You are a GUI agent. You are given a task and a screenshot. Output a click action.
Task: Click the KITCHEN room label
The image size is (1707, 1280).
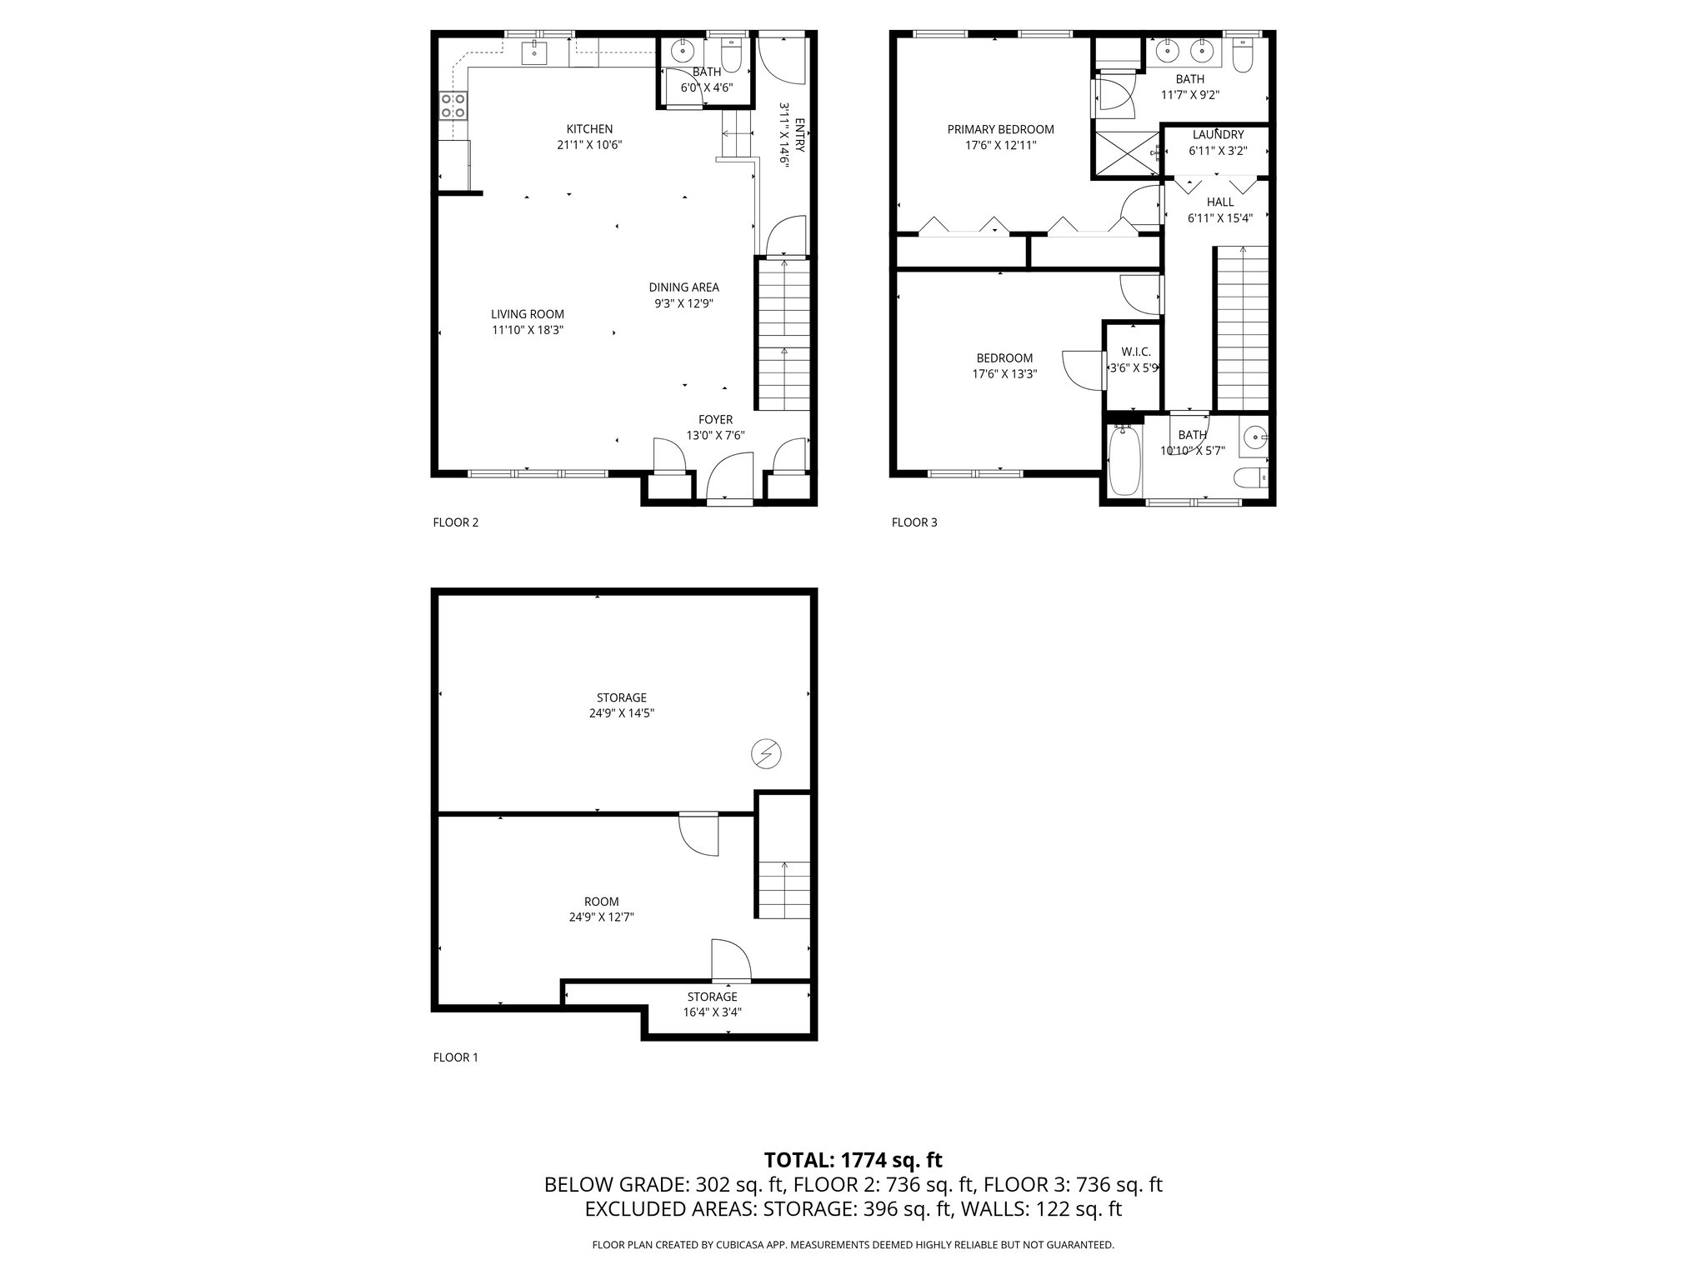coord(589,129)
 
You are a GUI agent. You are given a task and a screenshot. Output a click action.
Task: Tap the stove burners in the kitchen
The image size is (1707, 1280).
coord(453,105)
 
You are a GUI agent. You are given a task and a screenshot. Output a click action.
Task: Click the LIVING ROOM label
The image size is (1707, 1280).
coord(527,314)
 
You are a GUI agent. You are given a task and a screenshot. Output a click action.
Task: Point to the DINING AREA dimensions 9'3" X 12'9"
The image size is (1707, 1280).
coord(683,303)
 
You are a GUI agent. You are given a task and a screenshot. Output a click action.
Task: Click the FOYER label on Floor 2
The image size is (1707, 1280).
coord(715,420)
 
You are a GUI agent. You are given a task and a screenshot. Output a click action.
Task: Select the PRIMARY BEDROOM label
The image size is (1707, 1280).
coord(1000,129)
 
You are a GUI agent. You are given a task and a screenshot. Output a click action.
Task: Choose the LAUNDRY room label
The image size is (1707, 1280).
coord(1218,135)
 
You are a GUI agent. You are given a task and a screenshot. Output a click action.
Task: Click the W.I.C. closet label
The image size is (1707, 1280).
coord(1135,352)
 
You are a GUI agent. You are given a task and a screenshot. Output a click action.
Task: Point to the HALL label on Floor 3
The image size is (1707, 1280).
coord(1220,202)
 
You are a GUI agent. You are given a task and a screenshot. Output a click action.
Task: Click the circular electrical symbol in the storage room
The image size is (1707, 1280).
coord(764,754)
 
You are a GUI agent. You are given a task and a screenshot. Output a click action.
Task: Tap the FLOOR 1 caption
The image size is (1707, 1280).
coord(456,1057)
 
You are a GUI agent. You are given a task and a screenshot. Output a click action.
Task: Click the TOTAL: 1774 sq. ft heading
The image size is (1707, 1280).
coord(853,1160)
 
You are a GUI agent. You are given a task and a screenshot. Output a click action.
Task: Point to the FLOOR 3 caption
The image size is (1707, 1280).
coord(914,522)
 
